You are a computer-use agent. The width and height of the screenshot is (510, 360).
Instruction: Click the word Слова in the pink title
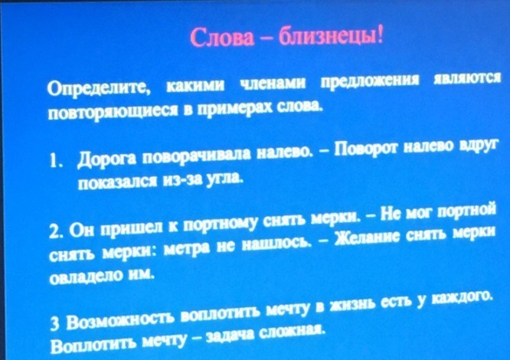(x=222, y=37)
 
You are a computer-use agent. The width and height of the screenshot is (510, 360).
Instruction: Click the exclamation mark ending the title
(x=380, y=35)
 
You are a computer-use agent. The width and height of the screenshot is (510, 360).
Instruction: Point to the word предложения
(x=370, y=81)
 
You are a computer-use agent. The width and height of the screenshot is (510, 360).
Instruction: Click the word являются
(x=467, y=79)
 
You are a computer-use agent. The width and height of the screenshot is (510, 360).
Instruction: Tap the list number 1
(x=54, y=161)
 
